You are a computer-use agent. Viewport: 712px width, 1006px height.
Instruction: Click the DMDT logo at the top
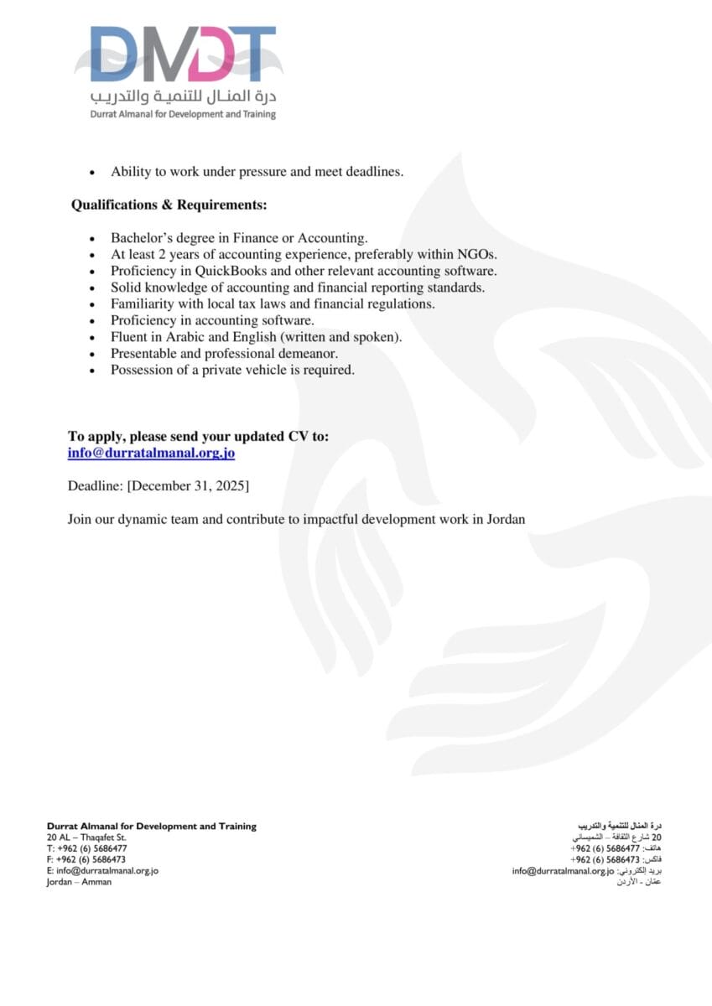(x=183, y=55)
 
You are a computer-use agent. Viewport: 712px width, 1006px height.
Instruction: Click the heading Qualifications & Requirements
(x=169, y=205)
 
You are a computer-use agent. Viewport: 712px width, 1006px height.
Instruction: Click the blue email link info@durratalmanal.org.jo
(x=151, y=453)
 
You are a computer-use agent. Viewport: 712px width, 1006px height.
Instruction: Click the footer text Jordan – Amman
(x=79, y=882)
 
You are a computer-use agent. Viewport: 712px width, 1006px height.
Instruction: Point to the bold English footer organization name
(x=151, y=827)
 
